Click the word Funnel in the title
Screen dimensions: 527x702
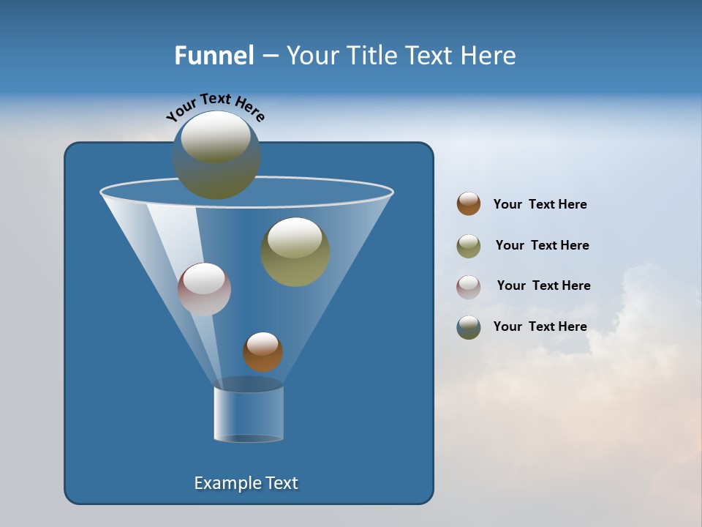[x=214, y=56]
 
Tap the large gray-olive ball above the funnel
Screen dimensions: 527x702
[x=216, y=155]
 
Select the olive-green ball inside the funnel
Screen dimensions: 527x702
[x=295, y=252]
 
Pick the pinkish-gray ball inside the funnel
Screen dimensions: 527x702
[x=205, y=289]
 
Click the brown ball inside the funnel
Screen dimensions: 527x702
[x=263, y=352]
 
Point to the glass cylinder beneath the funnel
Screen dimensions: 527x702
[x=249, y=414]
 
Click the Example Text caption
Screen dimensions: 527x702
[x=246, y=483]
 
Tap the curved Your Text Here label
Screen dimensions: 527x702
[x=216, y=108]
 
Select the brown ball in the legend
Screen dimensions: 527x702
[x=469, y=203]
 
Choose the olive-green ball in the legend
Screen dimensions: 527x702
[x=469, y=246]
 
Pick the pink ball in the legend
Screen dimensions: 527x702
[x=469, y=287]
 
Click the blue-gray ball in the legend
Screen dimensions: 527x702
[x=469, y=327]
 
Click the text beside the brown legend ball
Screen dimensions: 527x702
[x=540, y=204]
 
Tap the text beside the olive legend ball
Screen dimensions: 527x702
[x=542, y=245]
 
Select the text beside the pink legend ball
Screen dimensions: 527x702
[x=543, y=285]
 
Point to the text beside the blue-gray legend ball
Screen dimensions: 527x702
[x=540, y=326]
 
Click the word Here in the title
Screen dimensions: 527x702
[x=488, y=56]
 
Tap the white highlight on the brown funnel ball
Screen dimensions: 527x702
[x=263, y=343]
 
